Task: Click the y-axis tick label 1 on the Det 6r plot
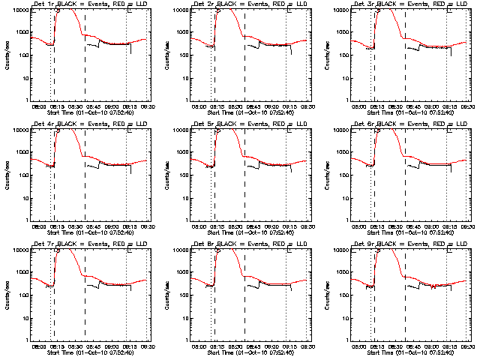point(345,220)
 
